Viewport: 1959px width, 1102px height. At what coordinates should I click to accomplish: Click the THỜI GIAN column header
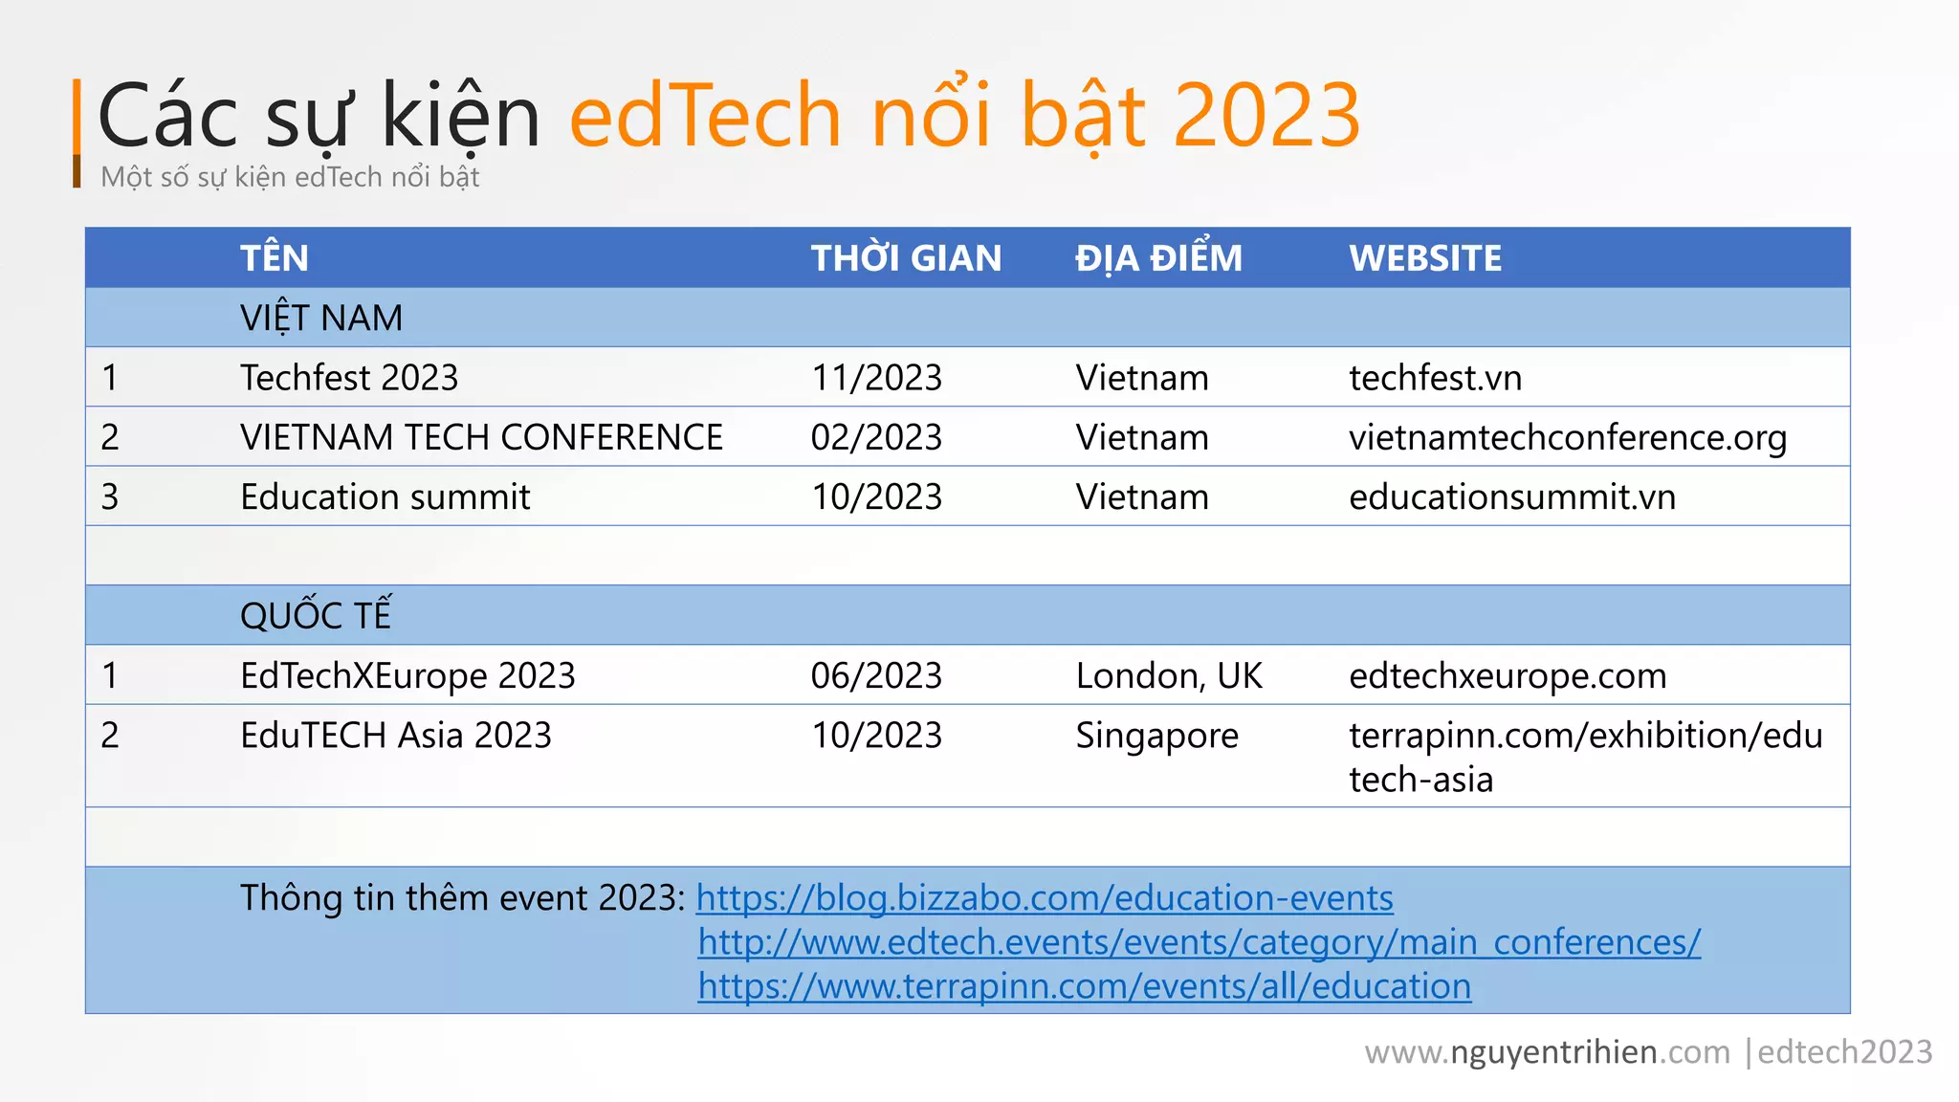906,258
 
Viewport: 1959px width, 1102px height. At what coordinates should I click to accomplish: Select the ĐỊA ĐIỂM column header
1158,258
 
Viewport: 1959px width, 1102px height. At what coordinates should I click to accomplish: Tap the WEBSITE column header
1425,258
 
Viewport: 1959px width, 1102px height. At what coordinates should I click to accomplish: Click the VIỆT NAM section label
321,318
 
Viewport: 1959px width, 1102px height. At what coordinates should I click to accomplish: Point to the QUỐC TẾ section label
316,615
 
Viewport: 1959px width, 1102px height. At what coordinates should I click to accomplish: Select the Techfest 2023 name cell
349,378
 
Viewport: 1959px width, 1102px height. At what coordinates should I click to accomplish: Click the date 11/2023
876,378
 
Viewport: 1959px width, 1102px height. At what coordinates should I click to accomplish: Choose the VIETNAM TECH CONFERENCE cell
481,437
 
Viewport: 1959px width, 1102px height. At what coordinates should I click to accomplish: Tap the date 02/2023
876,437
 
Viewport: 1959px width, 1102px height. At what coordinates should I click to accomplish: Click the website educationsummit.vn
1512,497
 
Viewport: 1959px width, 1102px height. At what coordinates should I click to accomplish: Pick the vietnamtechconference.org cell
1568,438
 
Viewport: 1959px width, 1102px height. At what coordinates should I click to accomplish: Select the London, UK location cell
1169,676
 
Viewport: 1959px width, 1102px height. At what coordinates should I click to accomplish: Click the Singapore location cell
1156,736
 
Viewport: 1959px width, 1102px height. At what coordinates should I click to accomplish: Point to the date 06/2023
876,676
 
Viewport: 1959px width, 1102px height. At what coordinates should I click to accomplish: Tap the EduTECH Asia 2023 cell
396,736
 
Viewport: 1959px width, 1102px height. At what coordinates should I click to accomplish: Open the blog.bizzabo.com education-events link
1045,898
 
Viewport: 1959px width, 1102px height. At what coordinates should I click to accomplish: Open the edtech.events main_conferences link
1200,942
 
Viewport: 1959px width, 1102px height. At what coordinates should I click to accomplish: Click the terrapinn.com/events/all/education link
1085,986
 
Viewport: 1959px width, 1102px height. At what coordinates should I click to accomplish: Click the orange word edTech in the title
705,116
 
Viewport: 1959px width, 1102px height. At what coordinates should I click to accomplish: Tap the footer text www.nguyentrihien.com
1547,1052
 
